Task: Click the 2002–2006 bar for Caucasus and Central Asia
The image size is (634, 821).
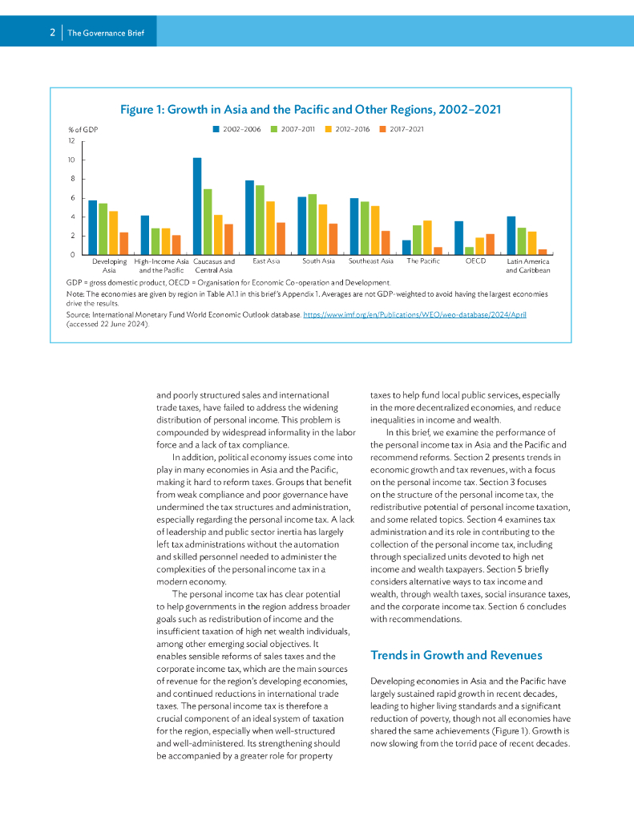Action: [x=197, y=206]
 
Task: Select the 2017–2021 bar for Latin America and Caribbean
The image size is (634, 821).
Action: [x=543, y=252]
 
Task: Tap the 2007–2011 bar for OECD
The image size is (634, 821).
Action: [x=469, y=250]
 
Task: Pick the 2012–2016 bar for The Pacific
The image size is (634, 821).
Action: [x=427, y=237]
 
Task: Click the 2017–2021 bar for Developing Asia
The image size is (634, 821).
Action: [x=124, y=243]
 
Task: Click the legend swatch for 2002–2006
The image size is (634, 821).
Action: [x=216, y=129]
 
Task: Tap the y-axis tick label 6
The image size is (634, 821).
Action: [x=73, y=198]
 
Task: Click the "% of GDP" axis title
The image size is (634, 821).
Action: [x=83, y=129]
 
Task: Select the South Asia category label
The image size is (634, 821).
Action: [x=318, y=261]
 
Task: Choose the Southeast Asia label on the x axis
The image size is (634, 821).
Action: [x=371, y=261]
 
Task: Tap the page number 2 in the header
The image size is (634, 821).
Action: [x=52, y=33]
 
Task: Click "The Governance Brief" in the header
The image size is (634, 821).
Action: [x=106, y=33]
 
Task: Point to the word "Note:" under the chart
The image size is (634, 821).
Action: [x=75, y=294]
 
